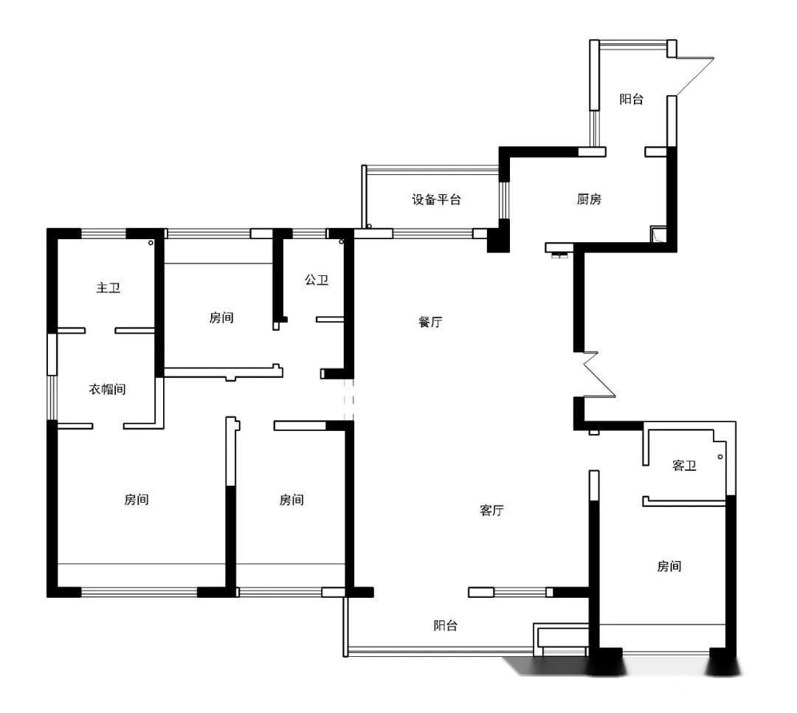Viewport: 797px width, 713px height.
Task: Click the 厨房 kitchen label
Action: point(589,199)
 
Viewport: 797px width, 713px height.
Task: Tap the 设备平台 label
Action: point(436,199)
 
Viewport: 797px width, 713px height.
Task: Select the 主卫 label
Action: point(108,288)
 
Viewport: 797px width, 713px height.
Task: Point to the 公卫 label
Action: point(316,280)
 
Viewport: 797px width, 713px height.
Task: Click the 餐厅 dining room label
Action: point(430,322)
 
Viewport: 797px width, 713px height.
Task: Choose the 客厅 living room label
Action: point(491,510)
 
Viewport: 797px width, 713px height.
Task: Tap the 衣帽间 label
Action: point(107,390)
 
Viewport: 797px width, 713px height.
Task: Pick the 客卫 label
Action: point(684,465)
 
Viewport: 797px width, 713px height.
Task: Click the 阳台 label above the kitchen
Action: point(631,99)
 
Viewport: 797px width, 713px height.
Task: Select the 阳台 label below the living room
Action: point(445,625)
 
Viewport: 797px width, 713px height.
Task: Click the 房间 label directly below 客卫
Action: point(669,566)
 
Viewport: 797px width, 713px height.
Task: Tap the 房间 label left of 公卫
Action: point(221,318)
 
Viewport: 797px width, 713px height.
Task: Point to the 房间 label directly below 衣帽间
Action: point(137,500)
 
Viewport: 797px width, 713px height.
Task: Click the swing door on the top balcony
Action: point(695,76)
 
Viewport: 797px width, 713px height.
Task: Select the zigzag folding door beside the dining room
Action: point(599,374)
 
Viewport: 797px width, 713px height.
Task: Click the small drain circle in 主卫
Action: point(151,243)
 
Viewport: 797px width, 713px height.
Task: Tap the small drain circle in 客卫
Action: point(720,457)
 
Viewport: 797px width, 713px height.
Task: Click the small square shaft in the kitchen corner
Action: point(658,234)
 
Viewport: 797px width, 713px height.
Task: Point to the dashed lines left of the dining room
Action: point(348,399)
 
